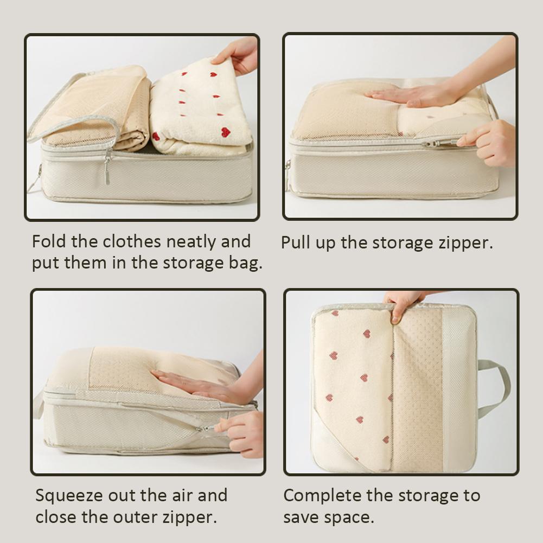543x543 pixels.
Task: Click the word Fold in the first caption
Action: [x=47, y=241]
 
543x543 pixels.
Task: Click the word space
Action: [x=352, y=517]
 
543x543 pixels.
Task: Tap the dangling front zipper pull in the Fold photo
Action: [x=107, y=168]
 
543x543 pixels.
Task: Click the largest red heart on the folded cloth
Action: [x=225, y=132]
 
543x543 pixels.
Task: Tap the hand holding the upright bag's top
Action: [x=404, y=304]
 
